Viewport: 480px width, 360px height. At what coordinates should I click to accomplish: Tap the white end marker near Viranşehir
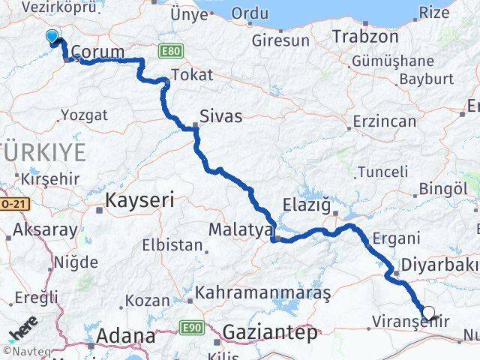[x=428, y=313]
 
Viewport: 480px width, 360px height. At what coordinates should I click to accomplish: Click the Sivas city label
[x=220, y=116]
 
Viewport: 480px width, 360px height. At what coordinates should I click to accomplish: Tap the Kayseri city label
[x=139, y=199]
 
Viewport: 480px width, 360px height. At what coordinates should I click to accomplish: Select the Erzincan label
[x=385, y=120]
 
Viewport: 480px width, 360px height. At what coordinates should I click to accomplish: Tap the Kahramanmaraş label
[x=262, y=293]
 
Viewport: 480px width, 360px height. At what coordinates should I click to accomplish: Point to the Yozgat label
[x=87, y=115]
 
